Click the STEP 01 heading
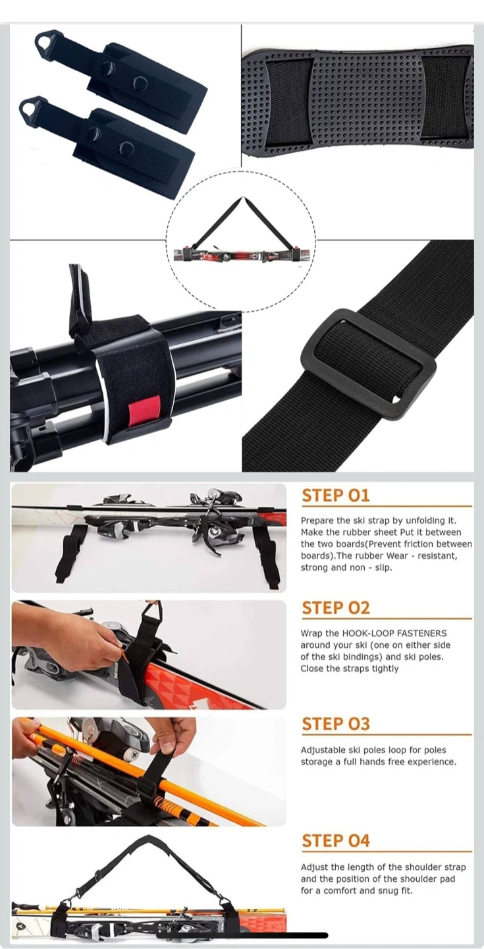click(335, 496)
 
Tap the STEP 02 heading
click(335, 608)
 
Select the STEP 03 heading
click(335, 724)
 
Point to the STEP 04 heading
click(335, 840)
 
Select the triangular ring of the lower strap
click(30, 107)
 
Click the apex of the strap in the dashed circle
click(243, 197)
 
